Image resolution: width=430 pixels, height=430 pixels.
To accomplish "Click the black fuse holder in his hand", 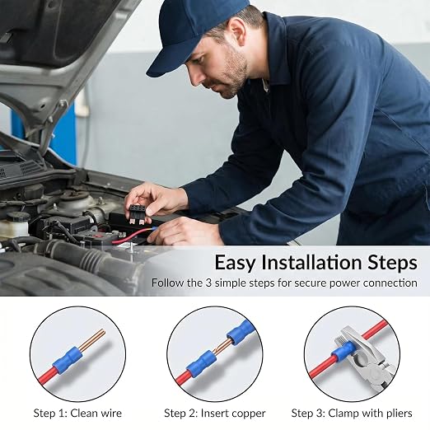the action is [x=138, y=212].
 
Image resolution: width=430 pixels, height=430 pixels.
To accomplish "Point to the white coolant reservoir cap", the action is [x=18, y=217].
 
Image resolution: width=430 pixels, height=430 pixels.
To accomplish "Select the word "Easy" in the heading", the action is [x=235, y=264].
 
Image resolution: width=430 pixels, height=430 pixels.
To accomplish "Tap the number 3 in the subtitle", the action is [x=208, y=283].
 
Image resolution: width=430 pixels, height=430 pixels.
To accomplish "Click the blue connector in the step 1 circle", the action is [x=68, y=361].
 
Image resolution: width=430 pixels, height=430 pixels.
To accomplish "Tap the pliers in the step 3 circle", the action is [x=362, y=357].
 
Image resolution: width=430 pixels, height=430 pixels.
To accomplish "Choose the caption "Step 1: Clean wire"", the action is [x=77, y=413].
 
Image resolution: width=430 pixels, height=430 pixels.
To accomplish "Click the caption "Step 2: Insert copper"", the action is [x=215, y=414].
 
